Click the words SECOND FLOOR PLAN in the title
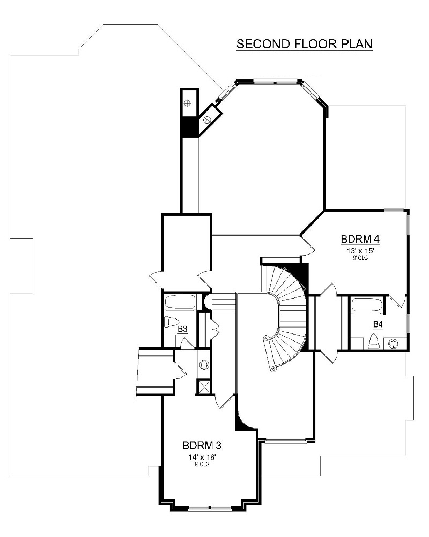(x=305, y=44)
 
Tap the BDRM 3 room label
(x=202, y=445)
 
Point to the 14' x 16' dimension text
(x=202, y=457)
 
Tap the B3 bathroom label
(x=182, y=329)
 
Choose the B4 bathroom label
(x=378, y=324)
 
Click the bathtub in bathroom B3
(x=181, y=302)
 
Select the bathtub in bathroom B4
(x=367, y=306)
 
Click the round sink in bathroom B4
(x=394, y=342)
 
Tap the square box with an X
(x=204, y=387)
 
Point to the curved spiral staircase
(x=287, y=317)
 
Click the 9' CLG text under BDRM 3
(x=202, y=465)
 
